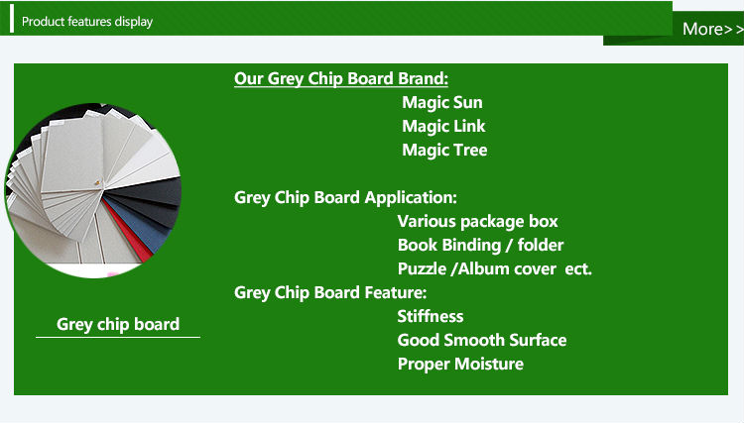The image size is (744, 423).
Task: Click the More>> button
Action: (712, 29)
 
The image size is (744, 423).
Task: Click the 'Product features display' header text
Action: (87, 22)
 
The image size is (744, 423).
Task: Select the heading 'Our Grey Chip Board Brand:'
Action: (341, 78)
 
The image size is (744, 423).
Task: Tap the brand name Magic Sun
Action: (442, 102)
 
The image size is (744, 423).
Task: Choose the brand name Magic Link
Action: (443, 126)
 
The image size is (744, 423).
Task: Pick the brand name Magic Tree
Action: (444, 150)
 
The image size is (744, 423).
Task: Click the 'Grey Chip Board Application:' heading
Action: (345, 197)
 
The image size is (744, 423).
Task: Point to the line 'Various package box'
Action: (477, 221)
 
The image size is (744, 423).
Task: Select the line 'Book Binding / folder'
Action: (480, 245)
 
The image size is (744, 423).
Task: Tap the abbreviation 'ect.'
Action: (578, 269)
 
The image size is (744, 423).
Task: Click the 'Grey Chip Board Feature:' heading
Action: (330, 292)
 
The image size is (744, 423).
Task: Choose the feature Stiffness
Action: (431, 316)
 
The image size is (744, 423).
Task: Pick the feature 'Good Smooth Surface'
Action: (482, 340)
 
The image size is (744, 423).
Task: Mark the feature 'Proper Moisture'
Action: (460, 364)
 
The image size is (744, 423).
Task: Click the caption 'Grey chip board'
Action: (118, 325)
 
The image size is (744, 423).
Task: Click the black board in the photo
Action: (152, 196)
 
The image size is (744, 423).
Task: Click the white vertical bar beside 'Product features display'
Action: (12, 19)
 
